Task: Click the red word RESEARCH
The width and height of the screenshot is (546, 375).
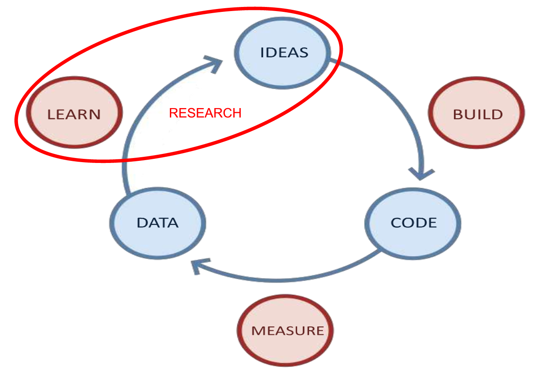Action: tap(205, 113)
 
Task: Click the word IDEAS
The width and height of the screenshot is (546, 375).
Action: tap(284, 53)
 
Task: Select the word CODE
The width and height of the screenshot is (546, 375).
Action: tap(414, 223)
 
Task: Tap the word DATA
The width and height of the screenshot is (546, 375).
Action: tap(158, 223)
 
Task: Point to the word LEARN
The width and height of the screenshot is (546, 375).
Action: tap(74, 115)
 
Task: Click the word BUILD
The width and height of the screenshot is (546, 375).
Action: tap(478, 114)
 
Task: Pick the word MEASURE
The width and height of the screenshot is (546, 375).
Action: tap(288, 331)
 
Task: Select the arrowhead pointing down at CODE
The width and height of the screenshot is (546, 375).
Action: tap(420, 174)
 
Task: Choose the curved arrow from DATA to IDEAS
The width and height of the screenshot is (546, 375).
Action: tap(139, 123)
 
